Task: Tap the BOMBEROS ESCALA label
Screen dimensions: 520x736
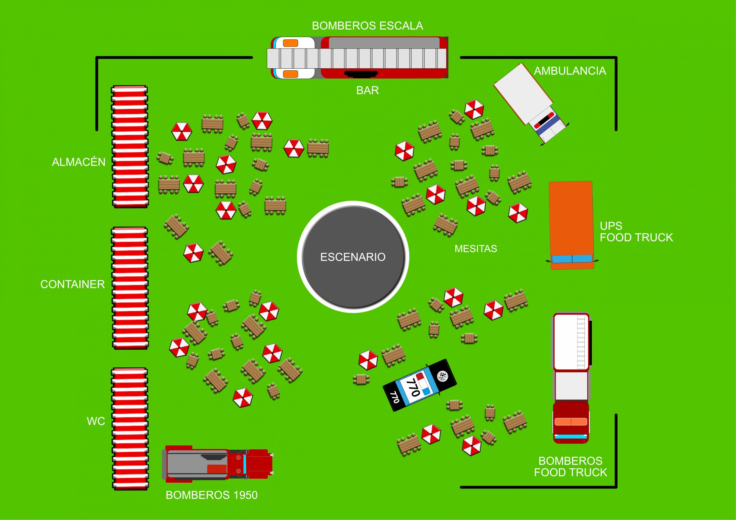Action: pyautogui.click(x=367, y=26)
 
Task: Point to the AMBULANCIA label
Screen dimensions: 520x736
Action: pyautogui.click(x=570, y=71)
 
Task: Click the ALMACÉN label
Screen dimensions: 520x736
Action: pyautogui.click(x=78, y=162)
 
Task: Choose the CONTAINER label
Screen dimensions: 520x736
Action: pyautogui.click(x=72, y=284)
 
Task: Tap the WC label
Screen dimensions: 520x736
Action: pyautogui.click(x=96, y=421)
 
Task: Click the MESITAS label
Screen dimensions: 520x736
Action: pyautogui.click(x=476, y=249)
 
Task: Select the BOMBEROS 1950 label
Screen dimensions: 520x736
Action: pyautogui.click(x=212, y=495)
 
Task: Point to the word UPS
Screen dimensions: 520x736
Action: pyautogui.click(x=611, y=226)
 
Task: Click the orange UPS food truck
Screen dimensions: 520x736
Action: pyautogui.click(x=571, y=221)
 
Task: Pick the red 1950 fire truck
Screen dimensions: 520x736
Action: pyautogui.click(x=218, y=464)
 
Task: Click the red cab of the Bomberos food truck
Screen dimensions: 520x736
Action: pyautogui.click(x=571, y=422)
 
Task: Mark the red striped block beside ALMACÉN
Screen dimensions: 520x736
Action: pyautogui.click(x=130, y=147)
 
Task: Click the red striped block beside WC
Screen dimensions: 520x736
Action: pyautogui.click(x=130, y=429)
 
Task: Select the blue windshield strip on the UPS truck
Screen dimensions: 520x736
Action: pyautogui.click(x=572, y=258)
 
